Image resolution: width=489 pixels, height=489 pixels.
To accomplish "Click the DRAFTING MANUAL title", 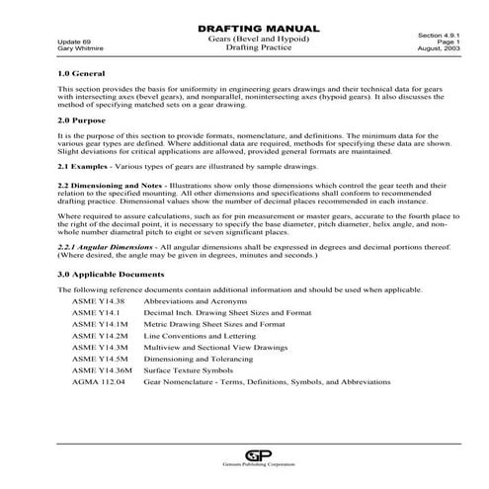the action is click(x=245, y=29).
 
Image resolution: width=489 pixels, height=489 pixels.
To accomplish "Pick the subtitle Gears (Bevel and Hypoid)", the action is click(x=243, y=38).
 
